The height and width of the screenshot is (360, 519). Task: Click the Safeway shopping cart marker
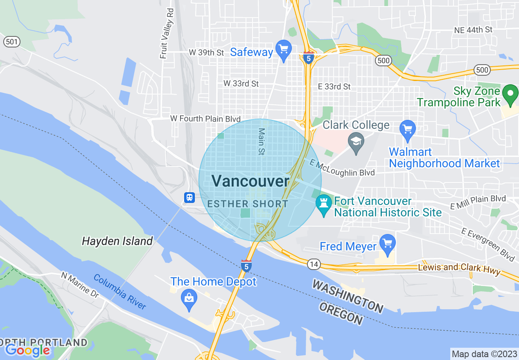click(283, 50)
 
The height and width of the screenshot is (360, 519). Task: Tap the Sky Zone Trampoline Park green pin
click(510, 94)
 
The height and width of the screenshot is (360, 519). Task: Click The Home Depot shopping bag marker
click(189, 298)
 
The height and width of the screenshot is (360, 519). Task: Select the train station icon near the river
click(189, 198)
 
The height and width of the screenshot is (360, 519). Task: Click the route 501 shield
click(11, 41)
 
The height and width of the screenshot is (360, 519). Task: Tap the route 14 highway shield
click(314, 265)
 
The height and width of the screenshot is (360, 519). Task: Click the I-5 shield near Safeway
click(309, 58)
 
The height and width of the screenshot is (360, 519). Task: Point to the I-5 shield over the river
click(246, 266)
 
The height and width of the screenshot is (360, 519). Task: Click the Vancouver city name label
click(250, 181)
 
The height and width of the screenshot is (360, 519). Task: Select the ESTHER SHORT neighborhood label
click(248, 204)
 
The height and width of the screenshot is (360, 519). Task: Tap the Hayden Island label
click(117, 241)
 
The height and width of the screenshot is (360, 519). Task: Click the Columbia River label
click(120, 292)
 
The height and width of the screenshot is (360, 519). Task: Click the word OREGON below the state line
click(342, 314)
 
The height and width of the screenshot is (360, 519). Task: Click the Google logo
click(27, 350)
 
